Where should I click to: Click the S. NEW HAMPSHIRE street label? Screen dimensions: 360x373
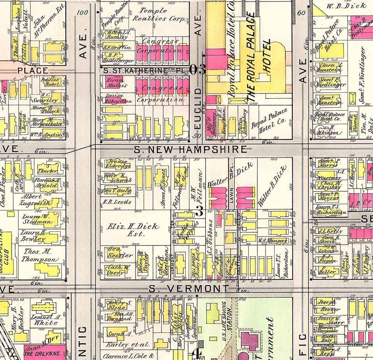pos(190,149)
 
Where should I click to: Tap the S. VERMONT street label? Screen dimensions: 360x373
pos(189,289)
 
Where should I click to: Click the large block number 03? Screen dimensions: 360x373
pos(197,69)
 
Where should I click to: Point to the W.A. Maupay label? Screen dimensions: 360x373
pos(272,241)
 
